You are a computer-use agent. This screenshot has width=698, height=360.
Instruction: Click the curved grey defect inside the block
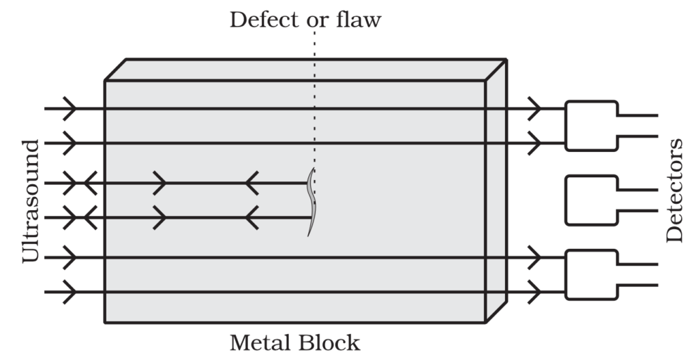tap(312, 202)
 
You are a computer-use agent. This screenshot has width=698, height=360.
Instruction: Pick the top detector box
tap(591, 125)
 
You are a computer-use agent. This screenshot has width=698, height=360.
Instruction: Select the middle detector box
tap(591, 200)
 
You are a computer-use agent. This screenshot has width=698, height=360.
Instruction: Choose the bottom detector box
tap(591, 274)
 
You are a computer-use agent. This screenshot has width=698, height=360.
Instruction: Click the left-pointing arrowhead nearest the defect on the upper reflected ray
tap(252, 183)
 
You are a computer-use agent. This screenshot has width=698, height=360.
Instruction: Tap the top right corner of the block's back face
tap(506, 59)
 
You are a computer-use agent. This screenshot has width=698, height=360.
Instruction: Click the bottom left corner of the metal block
tap(105, 322)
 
